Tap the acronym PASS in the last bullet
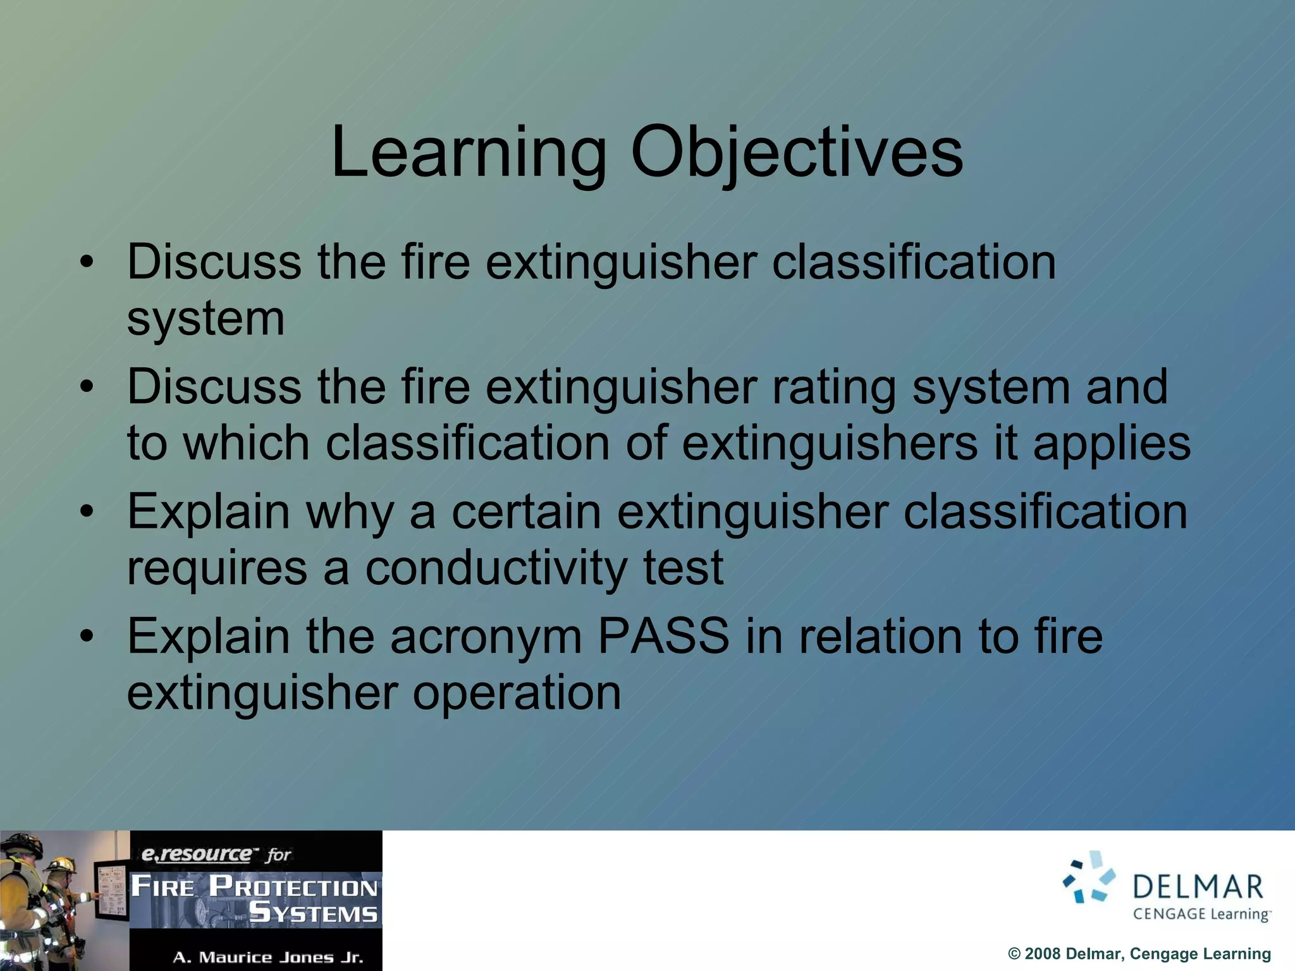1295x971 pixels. (663, 636)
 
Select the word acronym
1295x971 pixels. (486, 637)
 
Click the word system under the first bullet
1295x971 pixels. (206, 319)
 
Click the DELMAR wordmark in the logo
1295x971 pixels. (1198, 888)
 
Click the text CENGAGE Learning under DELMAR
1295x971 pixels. (1201, 914)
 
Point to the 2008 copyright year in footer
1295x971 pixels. (1043, 954)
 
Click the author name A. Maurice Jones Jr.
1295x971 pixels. (268, 957)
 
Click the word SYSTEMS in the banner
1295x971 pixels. (314, 913)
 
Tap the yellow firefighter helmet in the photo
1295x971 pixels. (60, 864)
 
